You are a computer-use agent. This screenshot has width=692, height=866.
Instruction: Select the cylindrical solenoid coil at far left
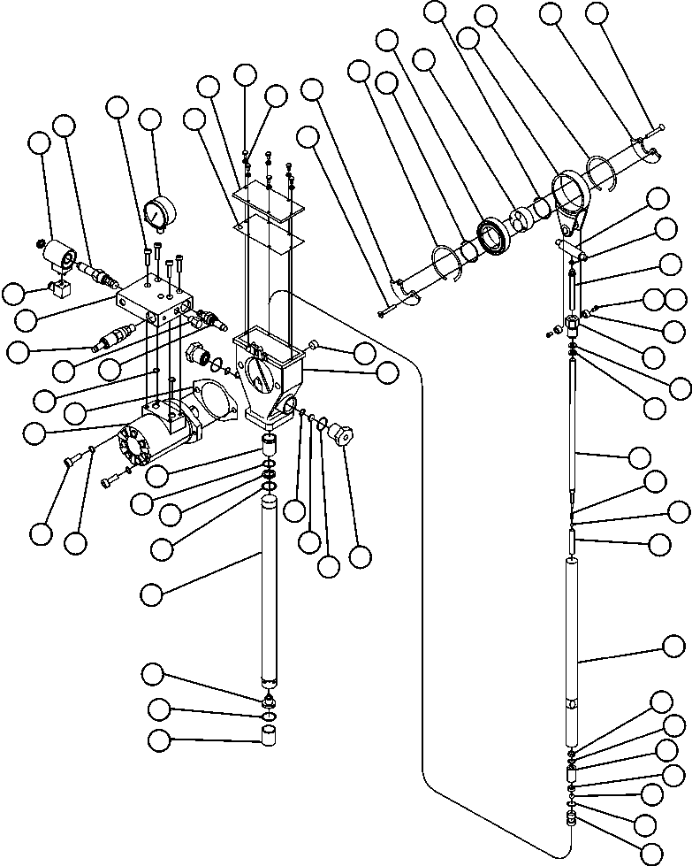(x=62, y=256)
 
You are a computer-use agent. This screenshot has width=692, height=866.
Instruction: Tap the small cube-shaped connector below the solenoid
(x=61, y=287)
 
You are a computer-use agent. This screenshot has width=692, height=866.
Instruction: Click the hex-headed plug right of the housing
(x=338, y=435)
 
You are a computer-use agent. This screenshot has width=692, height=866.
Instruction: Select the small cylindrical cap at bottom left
(x=270, y=736)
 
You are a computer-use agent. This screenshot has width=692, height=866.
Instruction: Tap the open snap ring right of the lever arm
(x=603, y=173)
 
